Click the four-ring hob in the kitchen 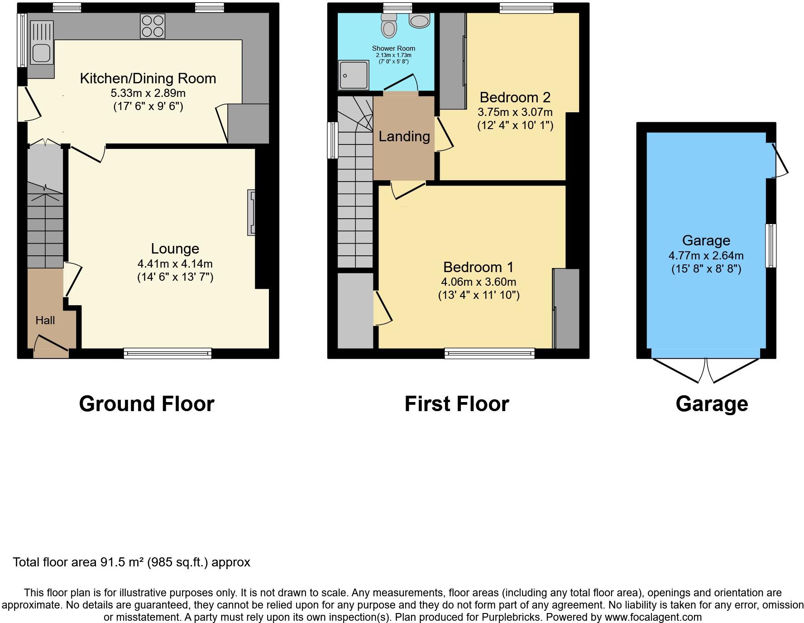[153, 26]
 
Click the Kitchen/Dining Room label [148, 78]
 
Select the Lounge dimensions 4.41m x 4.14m [175, 264]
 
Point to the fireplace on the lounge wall [251, 212]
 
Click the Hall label [45, 321]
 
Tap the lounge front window [167, 353]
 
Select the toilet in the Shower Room [389, 25]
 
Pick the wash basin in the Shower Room [419, 20]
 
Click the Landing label [404, 136]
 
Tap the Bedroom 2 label [515, 97]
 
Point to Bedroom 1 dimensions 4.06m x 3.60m [479, 282]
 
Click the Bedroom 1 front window [489, 353]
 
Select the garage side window [771, 246]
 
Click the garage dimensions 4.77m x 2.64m [706, 255]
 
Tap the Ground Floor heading [147, 404]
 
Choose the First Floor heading [457, 404]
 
